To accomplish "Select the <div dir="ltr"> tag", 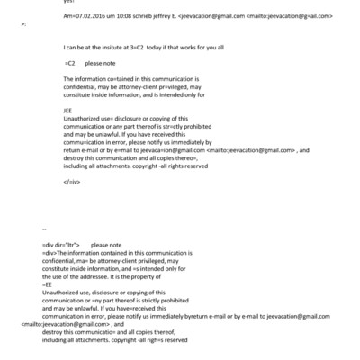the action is [x=62, y=245].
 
